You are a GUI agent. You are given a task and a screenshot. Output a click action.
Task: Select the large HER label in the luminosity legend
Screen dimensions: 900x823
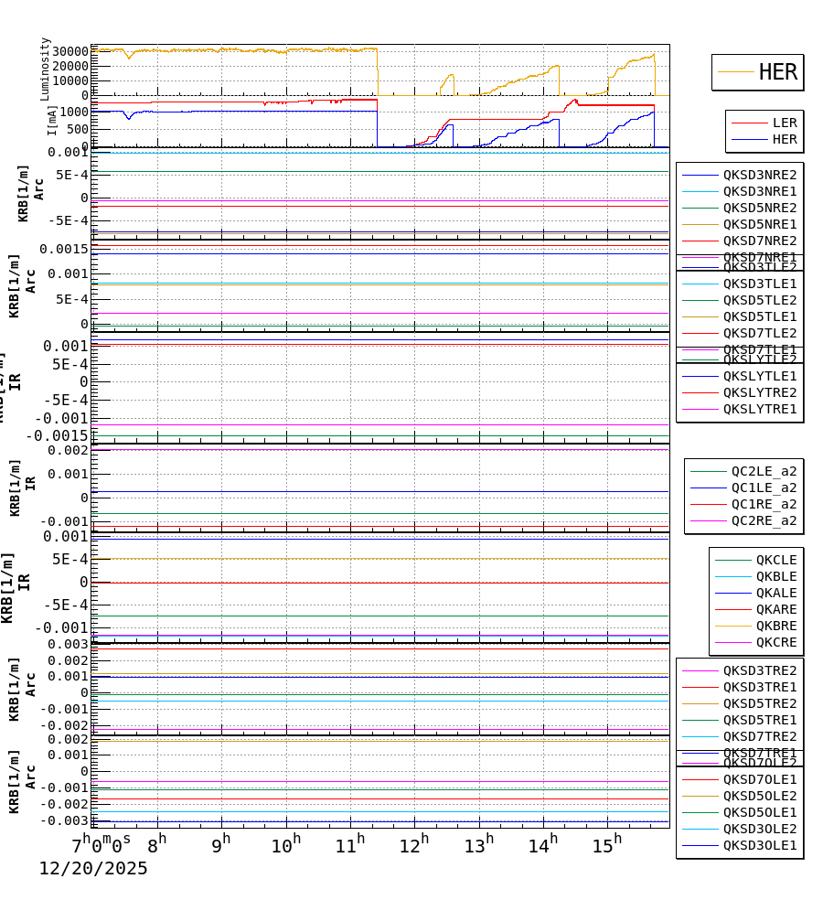(777, 72)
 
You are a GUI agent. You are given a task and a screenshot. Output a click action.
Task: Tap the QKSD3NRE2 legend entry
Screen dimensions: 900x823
(759, 175)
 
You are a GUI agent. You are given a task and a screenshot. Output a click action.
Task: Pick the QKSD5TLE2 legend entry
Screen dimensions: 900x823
(759, 300)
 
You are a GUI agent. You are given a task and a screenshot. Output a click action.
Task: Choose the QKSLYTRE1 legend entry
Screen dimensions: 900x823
(759, 409)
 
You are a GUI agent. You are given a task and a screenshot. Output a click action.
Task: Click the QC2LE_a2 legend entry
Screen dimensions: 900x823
(763, 471)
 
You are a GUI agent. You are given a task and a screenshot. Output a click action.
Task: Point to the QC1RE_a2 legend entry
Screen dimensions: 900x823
(763, 504)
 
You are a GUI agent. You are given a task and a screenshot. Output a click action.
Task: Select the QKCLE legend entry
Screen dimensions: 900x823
(775, 560)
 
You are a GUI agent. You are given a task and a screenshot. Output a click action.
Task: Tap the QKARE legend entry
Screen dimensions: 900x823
(775, 609)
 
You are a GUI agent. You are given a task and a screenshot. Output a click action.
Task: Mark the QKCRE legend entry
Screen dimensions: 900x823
(775, 642)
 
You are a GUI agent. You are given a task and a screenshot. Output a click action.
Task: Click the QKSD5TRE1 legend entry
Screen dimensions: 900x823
(759, 720)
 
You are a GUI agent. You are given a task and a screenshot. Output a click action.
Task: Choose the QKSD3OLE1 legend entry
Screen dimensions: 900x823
(759, 845)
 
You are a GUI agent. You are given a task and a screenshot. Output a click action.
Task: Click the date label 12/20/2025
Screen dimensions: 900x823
(92, 869)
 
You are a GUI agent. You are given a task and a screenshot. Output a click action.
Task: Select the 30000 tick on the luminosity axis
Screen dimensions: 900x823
(70, 51)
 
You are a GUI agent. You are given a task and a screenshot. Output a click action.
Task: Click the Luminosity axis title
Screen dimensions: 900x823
(45, 69)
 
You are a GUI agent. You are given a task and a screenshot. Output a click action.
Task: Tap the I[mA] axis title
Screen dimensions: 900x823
(52, 120)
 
